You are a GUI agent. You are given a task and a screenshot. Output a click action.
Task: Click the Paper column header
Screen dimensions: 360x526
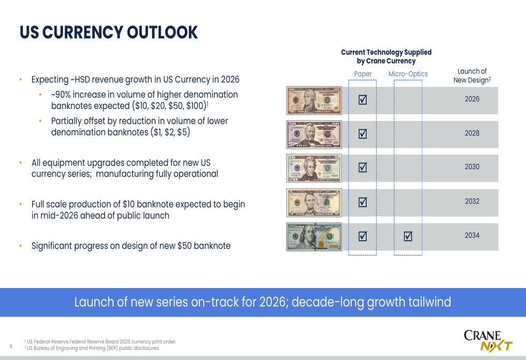point(363,74)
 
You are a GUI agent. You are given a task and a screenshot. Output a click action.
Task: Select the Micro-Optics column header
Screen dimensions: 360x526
point(408,74)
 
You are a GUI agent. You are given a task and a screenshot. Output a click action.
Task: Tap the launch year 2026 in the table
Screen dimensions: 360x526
point(472,99)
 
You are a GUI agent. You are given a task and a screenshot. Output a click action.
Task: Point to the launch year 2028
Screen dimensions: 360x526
point(472,133)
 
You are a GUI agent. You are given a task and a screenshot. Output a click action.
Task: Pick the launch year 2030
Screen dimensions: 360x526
point(472,167)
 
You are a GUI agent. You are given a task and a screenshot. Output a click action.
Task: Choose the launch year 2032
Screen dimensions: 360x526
point(472,201)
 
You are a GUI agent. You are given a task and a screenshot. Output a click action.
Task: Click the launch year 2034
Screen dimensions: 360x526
point(472,235)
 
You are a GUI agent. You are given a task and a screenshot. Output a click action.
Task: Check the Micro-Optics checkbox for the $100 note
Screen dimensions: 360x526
point(408,236)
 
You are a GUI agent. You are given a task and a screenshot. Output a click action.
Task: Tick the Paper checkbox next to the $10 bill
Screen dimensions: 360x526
point(362,99)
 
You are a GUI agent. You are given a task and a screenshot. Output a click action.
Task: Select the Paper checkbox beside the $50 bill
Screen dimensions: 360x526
point(362,133)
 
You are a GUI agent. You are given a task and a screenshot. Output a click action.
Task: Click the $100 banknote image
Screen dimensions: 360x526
point(314,236)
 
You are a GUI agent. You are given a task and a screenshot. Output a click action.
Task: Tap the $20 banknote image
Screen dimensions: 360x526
point(314,168)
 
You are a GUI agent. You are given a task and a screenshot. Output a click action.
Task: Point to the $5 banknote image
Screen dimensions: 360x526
point(314,202)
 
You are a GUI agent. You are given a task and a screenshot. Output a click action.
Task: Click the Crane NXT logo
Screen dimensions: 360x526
point(488,340)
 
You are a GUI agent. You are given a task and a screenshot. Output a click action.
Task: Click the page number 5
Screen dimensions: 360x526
point(11,346)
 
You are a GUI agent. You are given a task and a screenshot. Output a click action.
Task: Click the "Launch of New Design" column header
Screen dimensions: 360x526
point(472,76)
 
